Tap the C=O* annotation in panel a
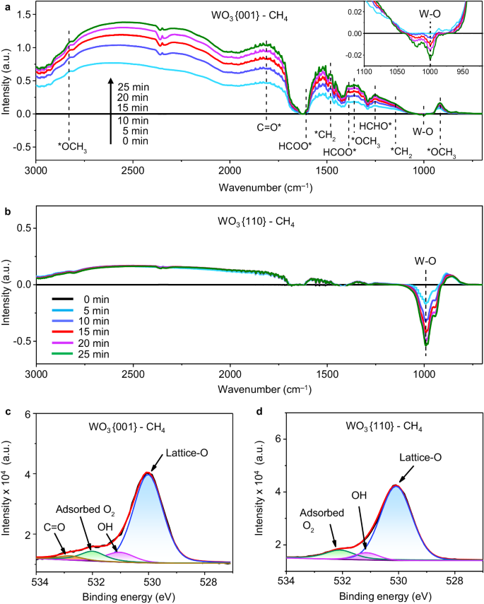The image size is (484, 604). [266, 129]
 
